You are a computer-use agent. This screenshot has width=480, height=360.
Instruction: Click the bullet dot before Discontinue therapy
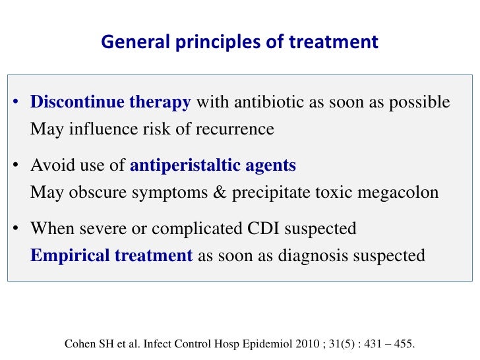coord(15,104)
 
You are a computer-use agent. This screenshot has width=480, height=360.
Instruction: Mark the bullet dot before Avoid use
coord(15,166)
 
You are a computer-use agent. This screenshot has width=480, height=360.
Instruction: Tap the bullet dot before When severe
coord(15,229)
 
